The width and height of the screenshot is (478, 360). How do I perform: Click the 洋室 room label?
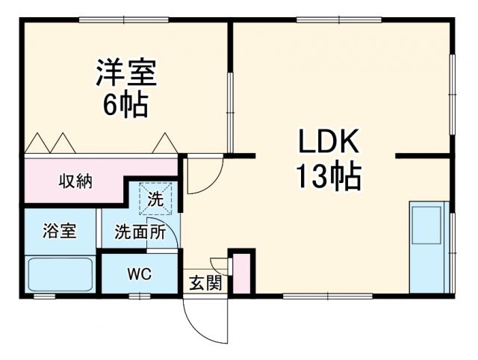click(125, 74)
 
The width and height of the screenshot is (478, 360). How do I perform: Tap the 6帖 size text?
click(125, 105)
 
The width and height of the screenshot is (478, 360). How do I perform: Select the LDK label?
click(329, 142)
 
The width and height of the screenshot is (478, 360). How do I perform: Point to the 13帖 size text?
click(329, 177)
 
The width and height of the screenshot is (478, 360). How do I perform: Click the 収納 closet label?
click(75, 181)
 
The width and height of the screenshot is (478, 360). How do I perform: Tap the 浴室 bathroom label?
click(58, 231)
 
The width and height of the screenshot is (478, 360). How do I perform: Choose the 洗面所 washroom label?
click(140, 232)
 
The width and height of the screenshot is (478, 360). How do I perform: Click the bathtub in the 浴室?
click(60, 274)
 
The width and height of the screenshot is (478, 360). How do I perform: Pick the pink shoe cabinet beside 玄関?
click(240, 274)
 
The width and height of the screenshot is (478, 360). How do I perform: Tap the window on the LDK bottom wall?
click(327, 297)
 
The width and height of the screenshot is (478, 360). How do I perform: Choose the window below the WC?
click(138, 297)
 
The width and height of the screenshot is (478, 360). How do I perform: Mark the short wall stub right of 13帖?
click(422, 156)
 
